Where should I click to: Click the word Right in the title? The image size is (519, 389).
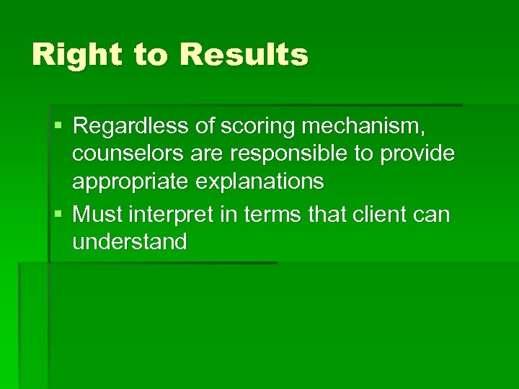76,55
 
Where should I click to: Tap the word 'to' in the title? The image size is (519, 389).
150,55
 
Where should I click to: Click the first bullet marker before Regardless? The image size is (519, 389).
58,127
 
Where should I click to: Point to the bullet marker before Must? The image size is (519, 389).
58,214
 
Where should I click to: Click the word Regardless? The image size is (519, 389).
130,126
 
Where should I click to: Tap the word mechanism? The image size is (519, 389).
365,128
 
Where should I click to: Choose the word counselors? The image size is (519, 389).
129,154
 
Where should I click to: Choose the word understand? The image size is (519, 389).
130,241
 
